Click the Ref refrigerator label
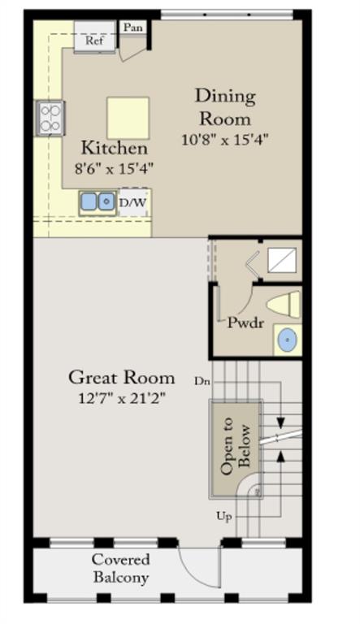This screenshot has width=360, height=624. [94, 40]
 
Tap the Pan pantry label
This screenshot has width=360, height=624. [133, 27]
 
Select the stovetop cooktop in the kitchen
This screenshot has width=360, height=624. [50, 118]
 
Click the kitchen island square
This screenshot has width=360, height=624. [128, 118]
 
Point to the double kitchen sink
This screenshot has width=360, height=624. [98, 202]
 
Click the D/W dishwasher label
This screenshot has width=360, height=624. [133, 202]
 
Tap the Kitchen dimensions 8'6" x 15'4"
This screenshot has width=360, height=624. [115, 169]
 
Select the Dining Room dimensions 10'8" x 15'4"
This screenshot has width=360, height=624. [225, 140]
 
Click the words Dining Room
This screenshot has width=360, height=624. [225, 107]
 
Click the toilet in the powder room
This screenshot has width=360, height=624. [284, 305]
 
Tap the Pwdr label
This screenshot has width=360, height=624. [245, 322]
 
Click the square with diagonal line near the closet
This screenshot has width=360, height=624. [282, 260]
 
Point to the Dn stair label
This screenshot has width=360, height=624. [202, 381]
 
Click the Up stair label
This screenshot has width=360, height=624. [224, 517]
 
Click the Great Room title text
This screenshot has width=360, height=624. [121, 378]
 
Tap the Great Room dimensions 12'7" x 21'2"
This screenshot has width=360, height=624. [121, 398]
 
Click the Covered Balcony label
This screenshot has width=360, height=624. [121, 568]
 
